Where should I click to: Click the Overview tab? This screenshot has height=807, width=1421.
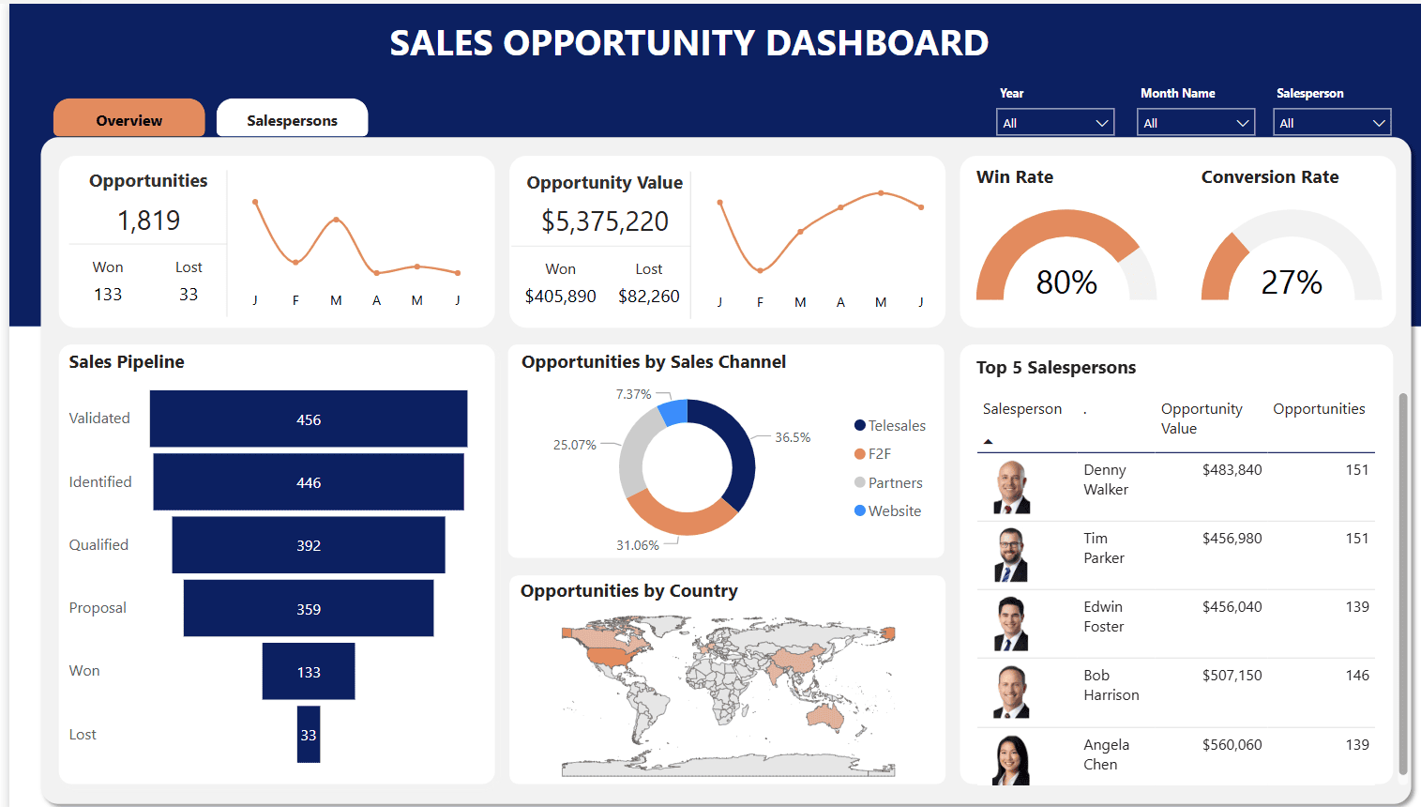129,120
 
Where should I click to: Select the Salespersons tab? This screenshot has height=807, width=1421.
292,120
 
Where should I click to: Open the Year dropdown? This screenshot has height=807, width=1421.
1055,123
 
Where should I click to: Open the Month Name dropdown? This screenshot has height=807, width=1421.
1196,123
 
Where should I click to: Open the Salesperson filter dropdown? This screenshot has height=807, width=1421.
1332,123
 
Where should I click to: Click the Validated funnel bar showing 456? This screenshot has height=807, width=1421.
309,419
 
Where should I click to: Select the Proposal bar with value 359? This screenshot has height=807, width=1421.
309,609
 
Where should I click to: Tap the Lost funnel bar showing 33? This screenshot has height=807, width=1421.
309,735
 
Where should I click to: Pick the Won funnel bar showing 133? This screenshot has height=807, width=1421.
309,672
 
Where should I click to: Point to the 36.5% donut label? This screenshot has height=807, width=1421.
793,437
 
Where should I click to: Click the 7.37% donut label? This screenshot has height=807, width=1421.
633,394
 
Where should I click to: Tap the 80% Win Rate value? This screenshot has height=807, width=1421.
1066,282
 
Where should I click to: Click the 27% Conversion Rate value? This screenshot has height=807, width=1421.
1292,282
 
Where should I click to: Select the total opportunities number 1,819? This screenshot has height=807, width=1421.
148,221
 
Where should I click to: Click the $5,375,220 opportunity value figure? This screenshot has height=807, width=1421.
605,221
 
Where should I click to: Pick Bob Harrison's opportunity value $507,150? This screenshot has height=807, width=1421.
1232,676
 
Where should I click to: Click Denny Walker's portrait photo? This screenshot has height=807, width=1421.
1011,487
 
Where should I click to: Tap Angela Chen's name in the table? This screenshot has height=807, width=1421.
1106,754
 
